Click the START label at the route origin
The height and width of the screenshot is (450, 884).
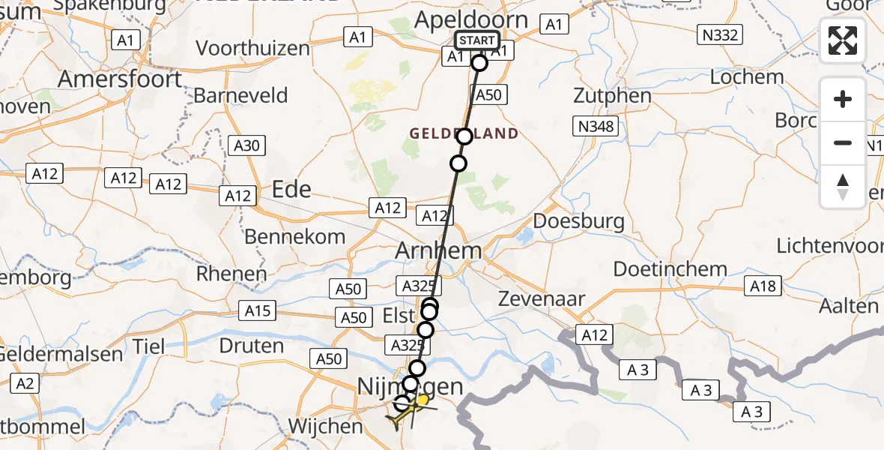click(x=476, y=40)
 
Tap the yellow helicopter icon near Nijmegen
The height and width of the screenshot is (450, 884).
click(x=408, y=409)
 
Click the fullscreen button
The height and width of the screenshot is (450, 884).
click(x=843, y=40)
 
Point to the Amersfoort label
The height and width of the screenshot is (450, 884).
click(x=120, y=79)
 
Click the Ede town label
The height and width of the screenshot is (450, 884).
click(x=291, y=189)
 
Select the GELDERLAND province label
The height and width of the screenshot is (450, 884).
click(x=464, y=133)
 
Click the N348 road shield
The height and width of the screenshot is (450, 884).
click(x=597, y=127)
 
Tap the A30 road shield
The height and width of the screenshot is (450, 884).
click(x=246, y=145)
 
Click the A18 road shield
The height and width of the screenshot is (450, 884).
click(x=763, y=285)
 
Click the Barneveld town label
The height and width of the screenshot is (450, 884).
click(x=240, y=95)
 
